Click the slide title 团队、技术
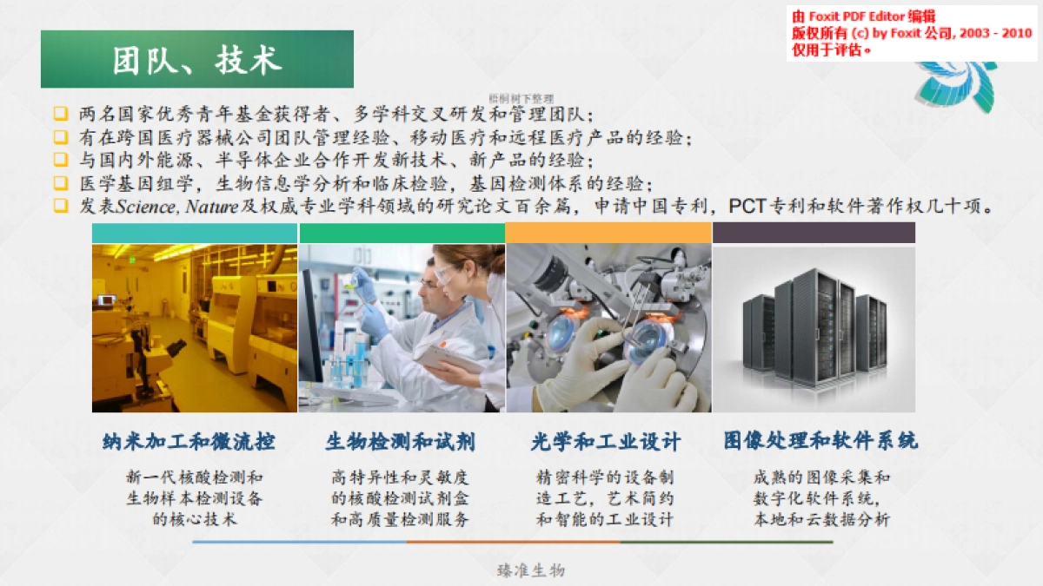point(196,60)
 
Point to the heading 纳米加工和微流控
point(189,441)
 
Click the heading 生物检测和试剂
point(401,441)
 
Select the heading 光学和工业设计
point(606,441)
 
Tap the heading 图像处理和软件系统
point(820,441)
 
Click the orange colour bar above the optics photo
point(608,233)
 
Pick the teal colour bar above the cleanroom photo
point(195,233)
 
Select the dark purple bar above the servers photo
point(814,233)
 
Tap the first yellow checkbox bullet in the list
point(60,114)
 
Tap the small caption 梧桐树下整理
point(521,99)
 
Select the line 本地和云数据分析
point(820,519)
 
